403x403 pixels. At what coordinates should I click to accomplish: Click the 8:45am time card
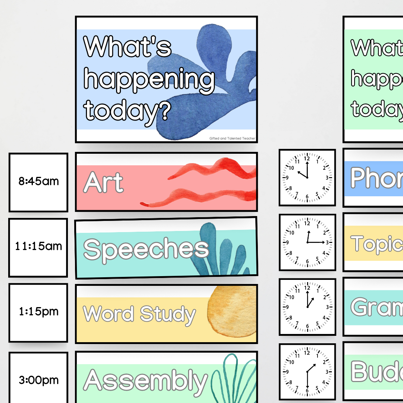[x=38, y=182]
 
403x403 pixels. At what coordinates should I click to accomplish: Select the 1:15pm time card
[x=38, y=312]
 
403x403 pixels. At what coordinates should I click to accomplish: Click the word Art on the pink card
[x=103, y=183]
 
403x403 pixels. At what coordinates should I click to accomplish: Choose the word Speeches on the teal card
[x=146, y=249]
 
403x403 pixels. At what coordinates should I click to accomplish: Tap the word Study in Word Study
[x=168, y=314]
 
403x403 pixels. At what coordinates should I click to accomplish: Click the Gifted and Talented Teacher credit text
[x=232, y=138]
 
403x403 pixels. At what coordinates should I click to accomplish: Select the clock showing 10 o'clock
[x=307, y=177]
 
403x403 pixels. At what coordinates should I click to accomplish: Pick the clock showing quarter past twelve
[x=307, y=242]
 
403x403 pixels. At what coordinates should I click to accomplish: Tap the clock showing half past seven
[x=307, y=372]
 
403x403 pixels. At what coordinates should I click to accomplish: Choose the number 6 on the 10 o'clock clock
[x=307, y=197]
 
